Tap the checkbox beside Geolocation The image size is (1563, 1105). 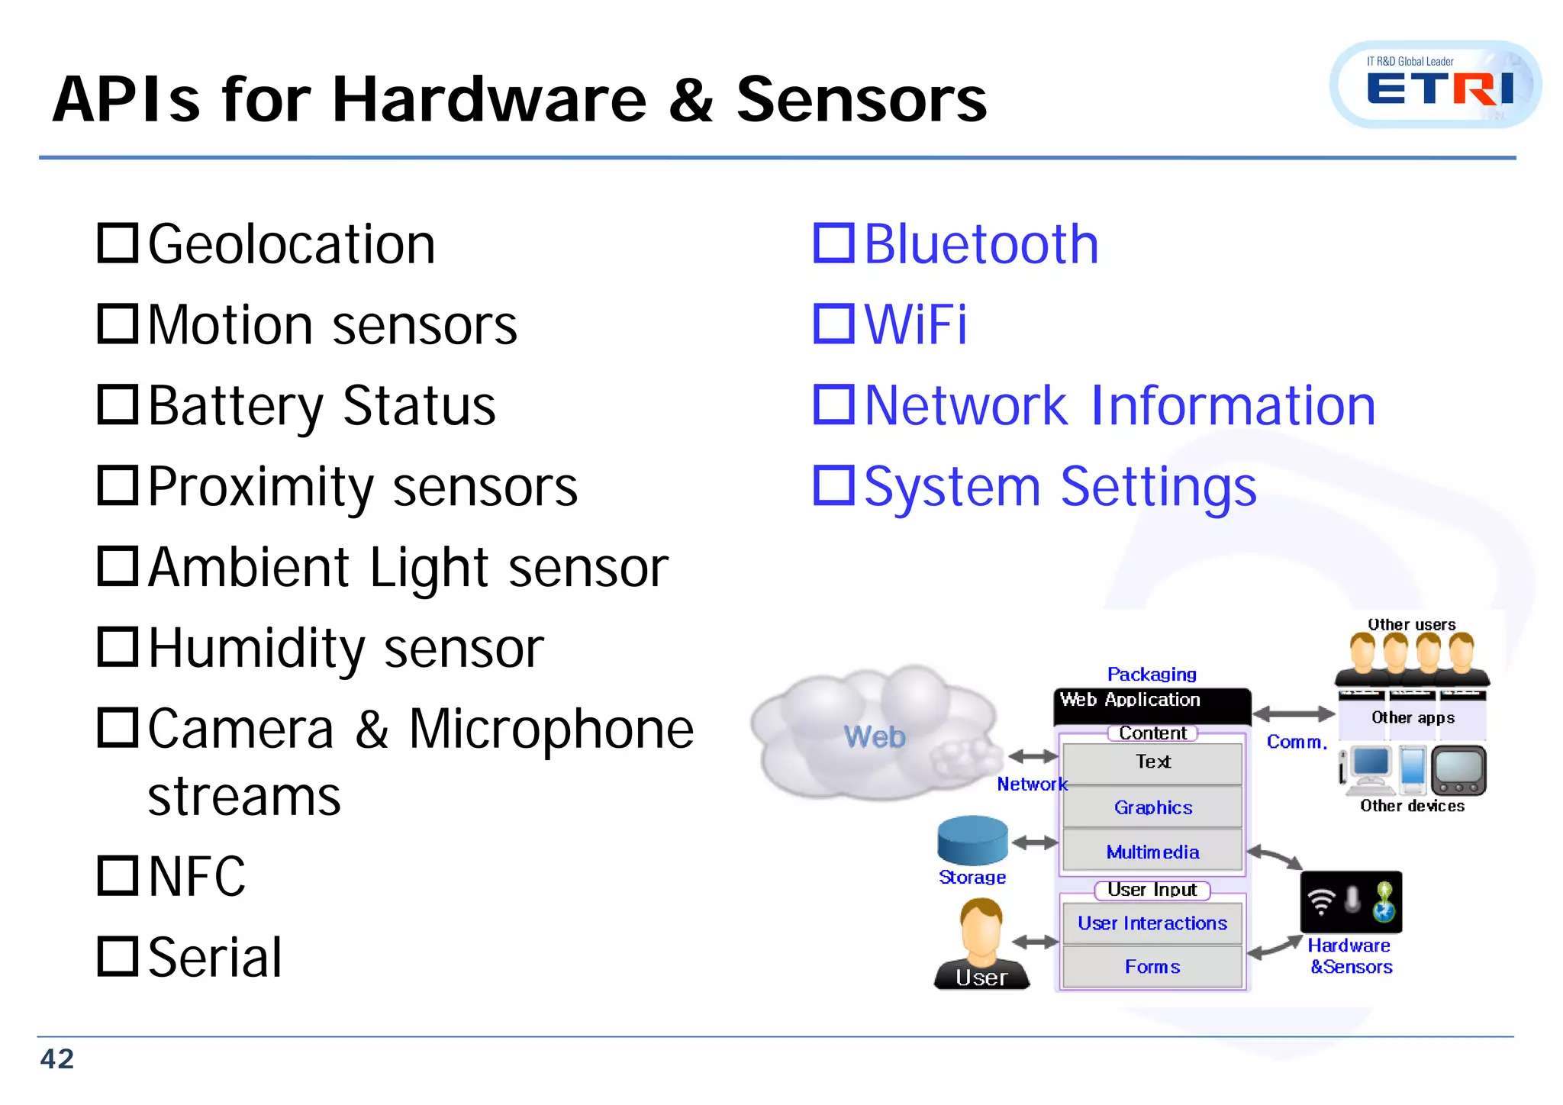click(118, 243)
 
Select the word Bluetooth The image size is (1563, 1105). click(981, 244)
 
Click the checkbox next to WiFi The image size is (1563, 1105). click(833, 324)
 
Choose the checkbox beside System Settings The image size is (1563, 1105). click(833, 486)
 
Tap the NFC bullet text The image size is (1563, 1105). click(197, 876)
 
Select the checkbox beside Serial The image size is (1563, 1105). click(118, 956)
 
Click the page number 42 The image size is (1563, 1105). click(57, 1059)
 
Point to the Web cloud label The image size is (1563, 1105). click(875, 737)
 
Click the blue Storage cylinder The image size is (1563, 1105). click(972, 840)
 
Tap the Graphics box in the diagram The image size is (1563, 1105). click(1152, 807)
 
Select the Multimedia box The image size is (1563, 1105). click(1152, 852)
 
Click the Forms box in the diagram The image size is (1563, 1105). click(1152, 967)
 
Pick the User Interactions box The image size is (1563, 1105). click(1152, 923)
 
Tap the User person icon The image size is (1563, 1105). click(981, 942)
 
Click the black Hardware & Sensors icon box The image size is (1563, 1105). click(1351, 902)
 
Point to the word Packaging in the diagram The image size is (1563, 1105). click(1152, 674)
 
